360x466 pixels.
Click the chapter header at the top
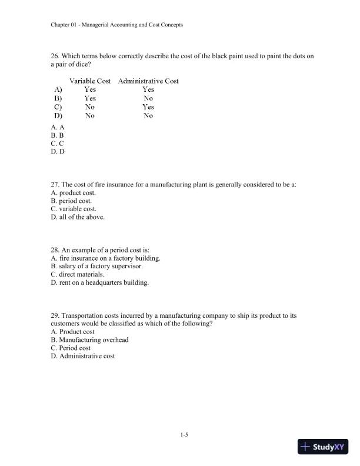[116, 25]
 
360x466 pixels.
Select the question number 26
[56, 56]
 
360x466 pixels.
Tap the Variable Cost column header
[90, 81]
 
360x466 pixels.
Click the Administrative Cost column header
[148, 81]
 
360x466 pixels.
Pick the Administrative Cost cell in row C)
[148, 107]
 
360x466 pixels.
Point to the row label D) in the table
[58, 116]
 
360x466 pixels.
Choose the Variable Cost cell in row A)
[90, 89]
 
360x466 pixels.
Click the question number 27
[56, 184]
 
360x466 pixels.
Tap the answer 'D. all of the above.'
[78, 217]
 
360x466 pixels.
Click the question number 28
[56, 249]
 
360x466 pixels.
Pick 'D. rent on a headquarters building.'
[100, 282]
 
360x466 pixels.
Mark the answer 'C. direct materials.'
[78, 274]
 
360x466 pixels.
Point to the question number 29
[56, 315]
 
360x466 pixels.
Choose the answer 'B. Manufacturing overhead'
[89, 339]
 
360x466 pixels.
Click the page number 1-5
[184, 435]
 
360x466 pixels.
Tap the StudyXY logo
[323, 447]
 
